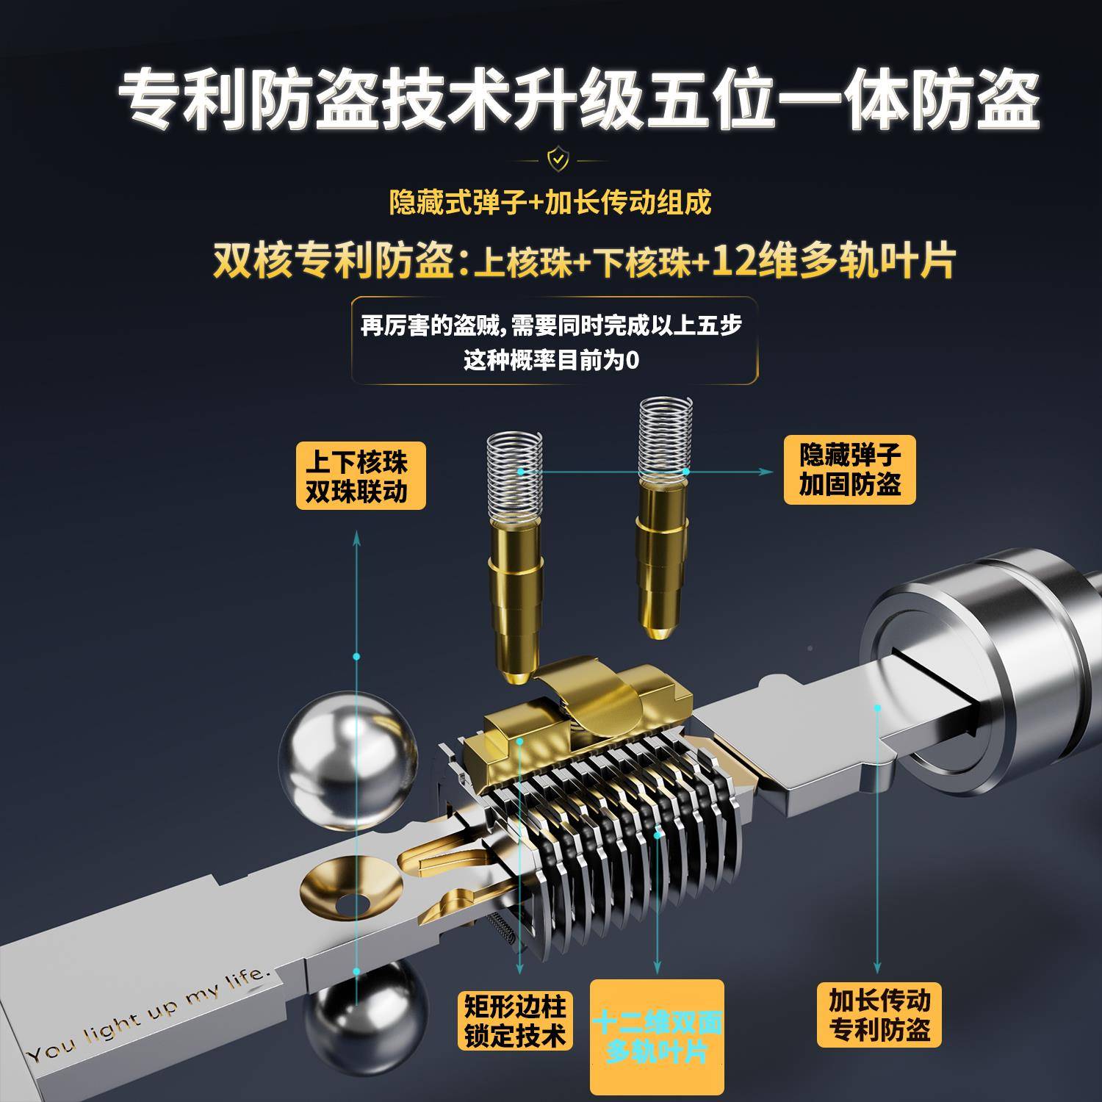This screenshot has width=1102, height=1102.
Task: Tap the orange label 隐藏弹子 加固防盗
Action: [850, 470]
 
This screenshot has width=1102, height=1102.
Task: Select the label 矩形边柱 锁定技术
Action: [514, 1020]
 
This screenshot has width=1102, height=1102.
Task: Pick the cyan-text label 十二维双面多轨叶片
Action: [657, 1036]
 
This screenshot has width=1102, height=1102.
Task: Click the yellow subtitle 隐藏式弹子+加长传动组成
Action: [550, 202]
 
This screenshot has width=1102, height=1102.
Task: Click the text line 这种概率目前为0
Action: [550, 361]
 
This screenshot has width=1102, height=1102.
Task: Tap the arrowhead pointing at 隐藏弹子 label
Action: [770, 470]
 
